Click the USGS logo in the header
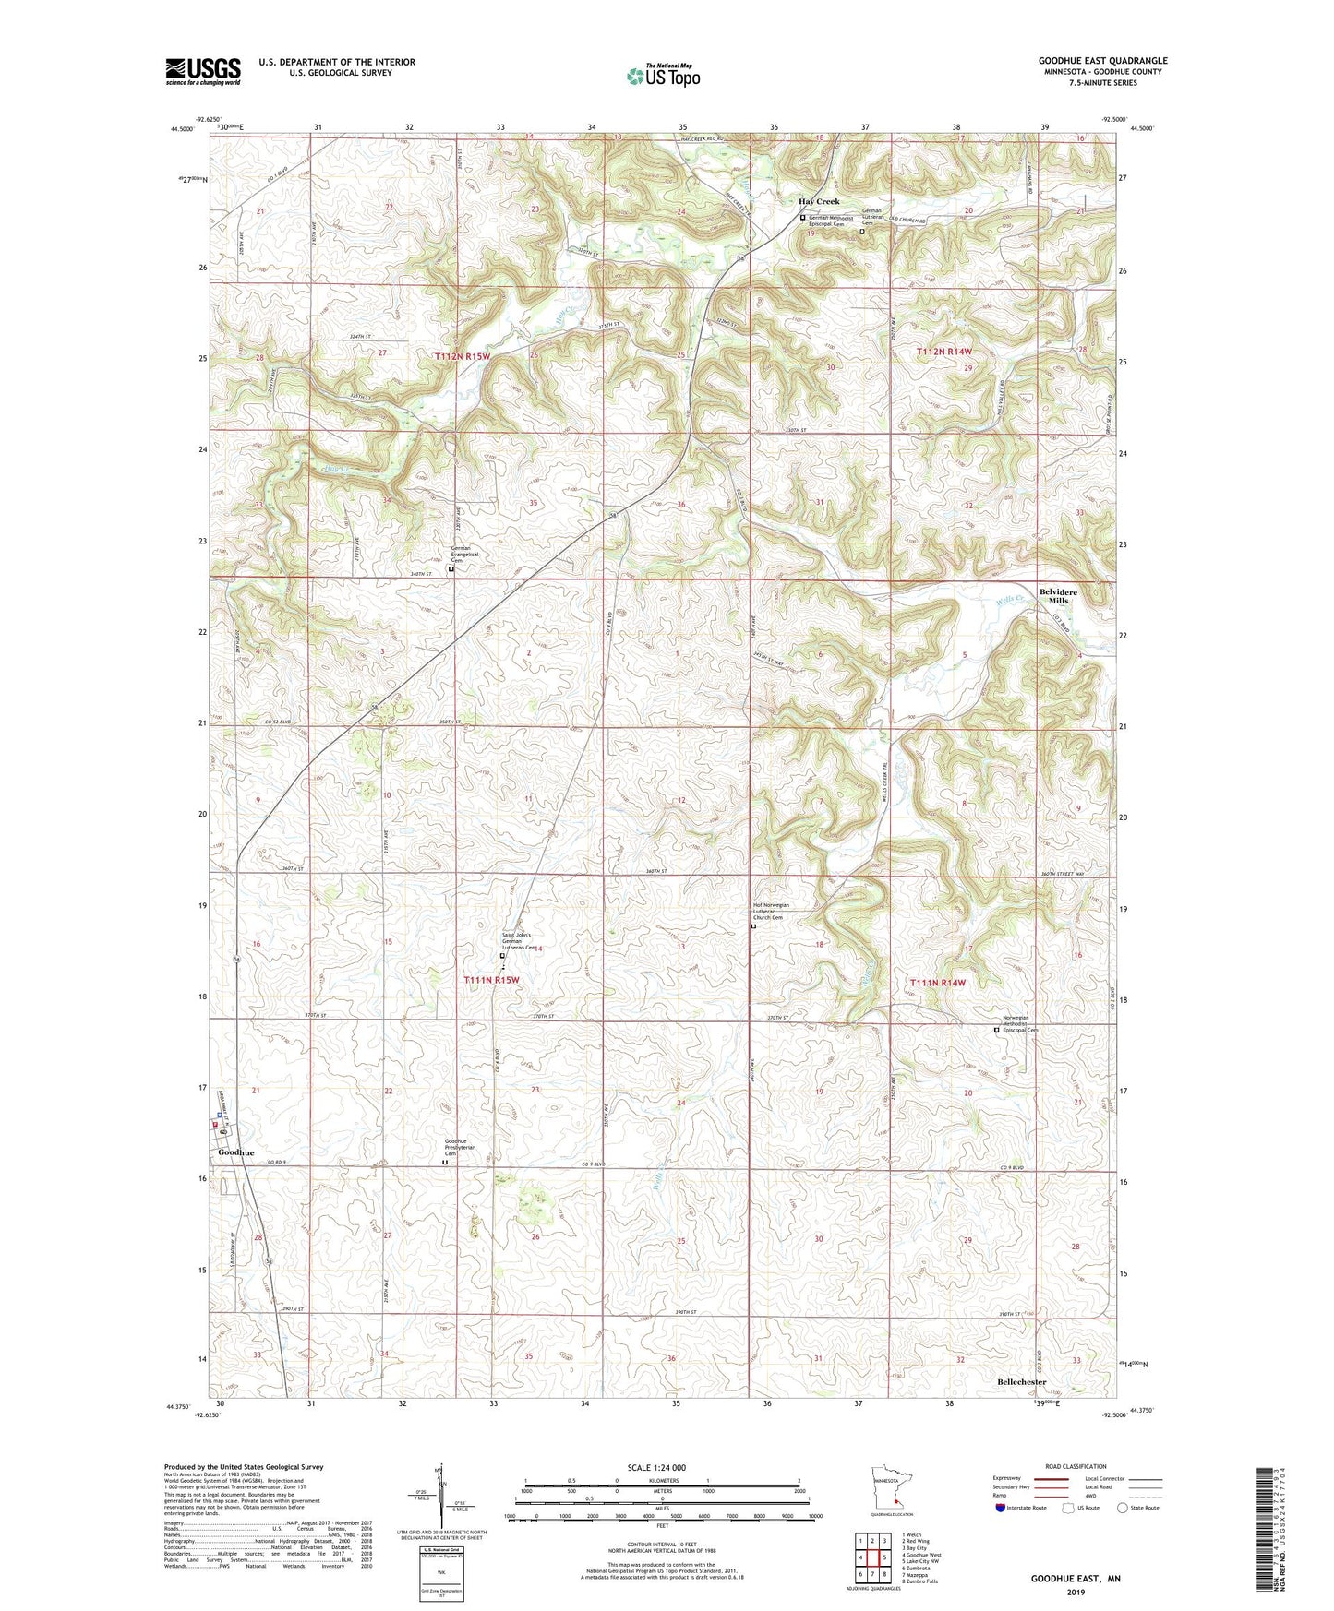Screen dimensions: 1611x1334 coord(203,70)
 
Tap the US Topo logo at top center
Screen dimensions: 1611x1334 coord(662,76)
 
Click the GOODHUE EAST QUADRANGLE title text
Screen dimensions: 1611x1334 coord(1102,61)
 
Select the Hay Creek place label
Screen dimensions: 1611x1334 coord(819,201)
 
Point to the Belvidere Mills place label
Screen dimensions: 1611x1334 coord(1057,596)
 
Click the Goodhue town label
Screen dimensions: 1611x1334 coord(235,1153)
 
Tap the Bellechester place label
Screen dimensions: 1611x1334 coord(1022,1382)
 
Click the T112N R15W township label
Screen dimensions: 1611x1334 coord(463,355)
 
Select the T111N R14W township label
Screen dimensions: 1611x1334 coord(938,983)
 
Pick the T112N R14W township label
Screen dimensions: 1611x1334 coord(944,352)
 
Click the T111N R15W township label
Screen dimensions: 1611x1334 coord(491,980)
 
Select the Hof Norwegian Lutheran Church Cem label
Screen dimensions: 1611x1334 coord(774,912)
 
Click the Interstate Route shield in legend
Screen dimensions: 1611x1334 coord(1000,1508)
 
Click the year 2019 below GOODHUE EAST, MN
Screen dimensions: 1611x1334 coord(1076,1592)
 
